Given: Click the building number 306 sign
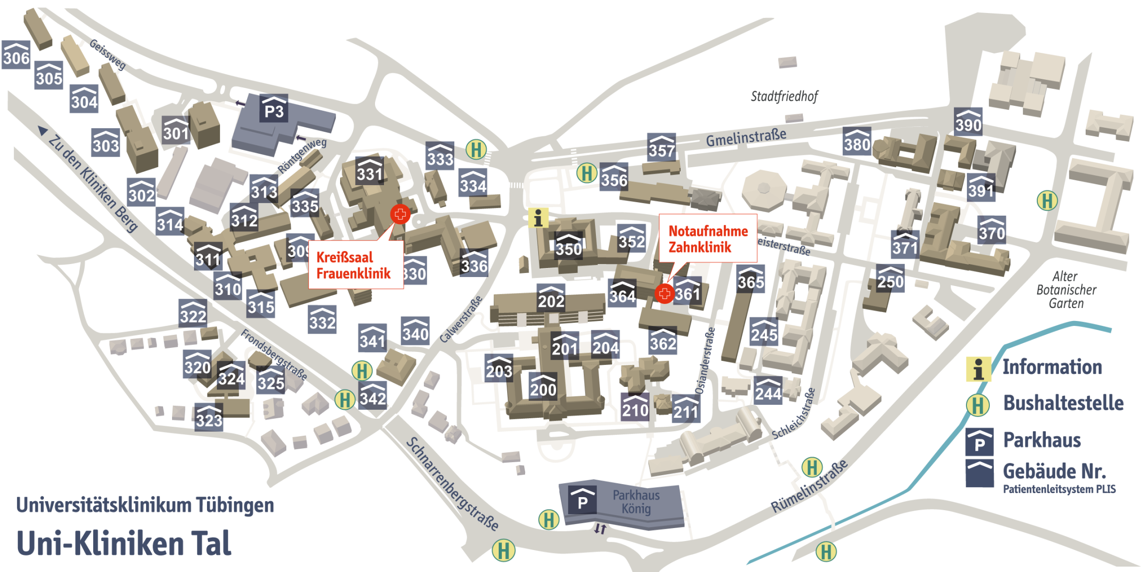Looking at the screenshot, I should pyautogui.click(x=16, y=55).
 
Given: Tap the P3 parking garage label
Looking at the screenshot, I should pyautogui.click(x=274, y=108).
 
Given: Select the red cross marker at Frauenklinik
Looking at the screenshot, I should pyautogui.click(x=399, y=215).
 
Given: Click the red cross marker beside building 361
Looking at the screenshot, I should pyautogui.click(x=664, y=293).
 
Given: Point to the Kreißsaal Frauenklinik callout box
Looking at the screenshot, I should pyautogui.click(x=355, y=265).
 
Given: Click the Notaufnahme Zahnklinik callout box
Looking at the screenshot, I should pyautogui.click(x=708, y=239).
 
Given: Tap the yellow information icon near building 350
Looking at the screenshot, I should pyautogui.click(x=538, y=218).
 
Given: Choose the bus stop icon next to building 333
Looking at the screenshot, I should pyautogui.click(x=476, y=149).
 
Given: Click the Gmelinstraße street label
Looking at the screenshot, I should pyautogui.click(x=746, y=137).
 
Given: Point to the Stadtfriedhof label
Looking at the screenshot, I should pyautogui.click(x=784, y=96).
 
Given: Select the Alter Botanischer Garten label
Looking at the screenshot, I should pyautogui.click(x=1066, y=289).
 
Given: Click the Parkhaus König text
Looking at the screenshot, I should pyautogui.click(x=636, y=502).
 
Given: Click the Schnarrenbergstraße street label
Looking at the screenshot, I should pyautogui.click(x=452, y=484).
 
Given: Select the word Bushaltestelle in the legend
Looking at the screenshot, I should pyautogui.click(x=1063, y=403).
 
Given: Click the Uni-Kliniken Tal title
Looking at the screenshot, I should pyautogui.click(x=124, y=543).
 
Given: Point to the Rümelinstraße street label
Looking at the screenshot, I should pyautogui.click(x=809, y=487).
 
